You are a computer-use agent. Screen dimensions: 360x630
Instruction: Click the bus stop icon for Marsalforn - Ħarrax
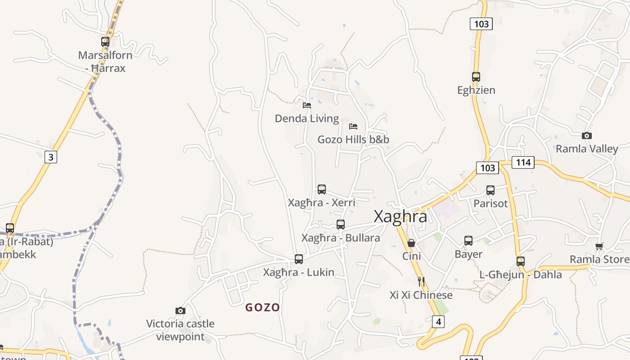tap(105, 42)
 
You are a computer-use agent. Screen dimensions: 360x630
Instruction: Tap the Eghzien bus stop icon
tap(476, 77)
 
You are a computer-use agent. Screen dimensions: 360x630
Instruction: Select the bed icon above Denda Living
tap(307, 105)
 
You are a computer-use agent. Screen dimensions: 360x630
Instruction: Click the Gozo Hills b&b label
tap(353, 139)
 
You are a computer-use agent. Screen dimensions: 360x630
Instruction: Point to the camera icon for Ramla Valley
tap(587, 135)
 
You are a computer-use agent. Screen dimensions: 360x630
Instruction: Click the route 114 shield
tap(523, 162)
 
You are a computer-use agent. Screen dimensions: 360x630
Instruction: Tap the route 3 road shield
tap(51, 157)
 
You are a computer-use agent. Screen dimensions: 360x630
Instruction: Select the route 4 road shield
tap(438, 321)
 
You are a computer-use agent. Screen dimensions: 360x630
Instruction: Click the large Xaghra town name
tap(400, 216)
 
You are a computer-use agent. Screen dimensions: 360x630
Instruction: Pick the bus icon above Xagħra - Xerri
tap(322, 189)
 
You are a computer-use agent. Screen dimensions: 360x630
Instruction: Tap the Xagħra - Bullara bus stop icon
tap(341, 224)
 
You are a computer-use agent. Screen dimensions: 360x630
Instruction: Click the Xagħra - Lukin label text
tap(298, 272)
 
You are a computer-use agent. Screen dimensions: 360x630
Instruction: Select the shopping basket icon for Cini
tap(411, 243)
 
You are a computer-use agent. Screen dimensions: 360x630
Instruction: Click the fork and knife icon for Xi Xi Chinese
tap(421, 282)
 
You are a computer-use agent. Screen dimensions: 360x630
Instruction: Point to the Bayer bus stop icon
tap(468, 241)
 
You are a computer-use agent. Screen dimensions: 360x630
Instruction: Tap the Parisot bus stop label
tap(490, 203)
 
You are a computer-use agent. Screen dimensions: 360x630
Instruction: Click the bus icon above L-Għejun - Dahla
tap(521, 261)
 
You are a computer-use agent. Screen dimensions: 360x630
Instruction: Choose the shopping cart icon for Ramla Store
tap(599, 246)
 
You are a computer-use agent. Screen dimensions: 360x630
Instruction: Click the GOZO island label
tap(263, 308)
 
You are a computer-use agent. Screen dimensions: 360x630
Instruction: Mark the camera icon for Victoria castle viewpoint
tap(180, 310)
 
